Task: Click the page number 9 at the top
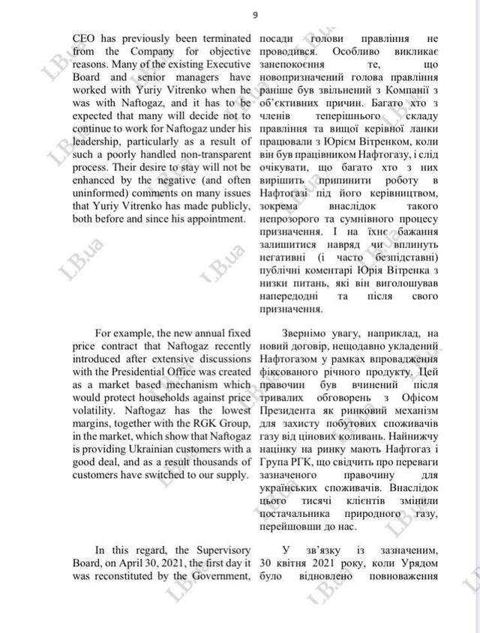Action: tap(255, 15)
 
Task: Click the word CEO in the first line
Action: tap(85, 37)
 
